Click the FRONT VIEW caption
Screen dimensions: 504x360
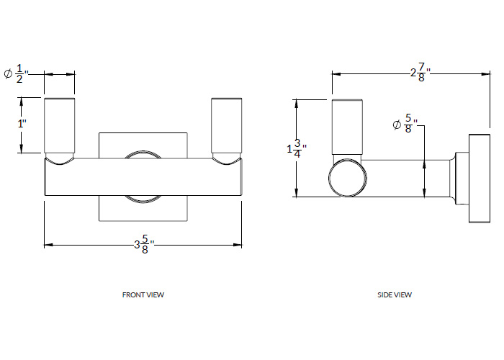pos(143,294)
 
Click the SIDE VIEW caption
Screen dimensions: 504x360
pos(395,294)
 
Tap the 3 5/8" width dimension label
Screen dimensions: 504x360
pos(144,245)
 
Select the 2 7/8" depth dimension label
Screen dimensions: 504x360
pos(420,73)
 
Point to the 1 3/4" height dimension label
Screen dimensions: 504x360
pos(297,148)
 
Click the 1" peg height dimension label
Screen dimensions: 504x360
pos(22,123)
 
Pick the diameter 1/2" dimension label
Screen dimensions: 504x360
pos(17,74)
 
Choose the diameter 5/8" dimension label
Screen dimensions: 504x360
pos(405,123)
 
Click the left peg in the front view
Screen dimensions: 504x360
pos(60,125)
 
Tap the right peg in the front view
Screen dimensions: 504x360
pos(227,125)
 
